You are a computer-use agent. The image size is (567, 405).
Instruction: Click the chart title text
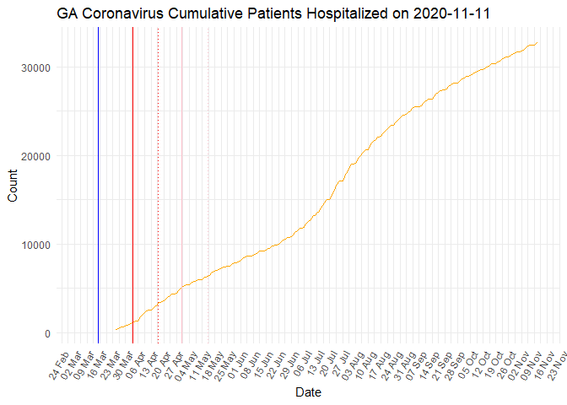274,13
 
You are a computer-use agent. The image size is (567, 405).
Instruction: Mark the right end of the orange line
537,43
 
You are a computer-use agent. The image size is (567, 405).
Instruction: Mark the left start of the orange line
116,330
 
